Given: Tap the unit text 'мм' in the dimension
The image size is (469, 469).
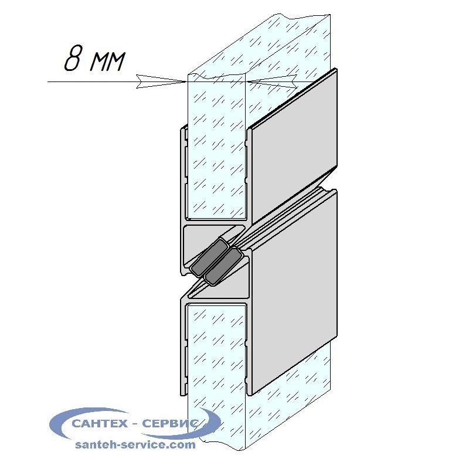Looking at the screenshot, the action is pyautogui.click(x=107, y=62).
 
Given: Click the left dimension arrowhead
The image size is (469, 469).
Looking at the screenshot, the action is pyautogui.click(x=162, y=81).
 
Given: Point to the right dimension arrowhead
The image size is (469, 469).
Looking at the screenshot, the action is pyautogui.click(x=271, y=81).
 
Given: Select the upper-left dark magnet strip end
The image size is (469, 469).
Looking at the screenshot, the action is pyautogui.click(x=209, y=258).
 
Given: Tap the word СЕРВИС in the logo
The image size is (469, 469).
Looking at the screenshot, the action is pyautogui.click(x=171, y=423).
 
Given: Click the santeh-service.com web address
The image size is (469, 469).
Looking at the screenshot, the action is pyautogui.click(x=135, y=444).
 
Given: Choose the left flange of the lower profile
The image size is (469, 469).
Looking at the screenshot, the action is pyautogui.click(x=183, y=347).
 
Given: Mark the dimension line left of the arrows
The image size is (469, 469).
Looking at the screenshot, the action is pyautogui.click(x=92, y=81).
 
